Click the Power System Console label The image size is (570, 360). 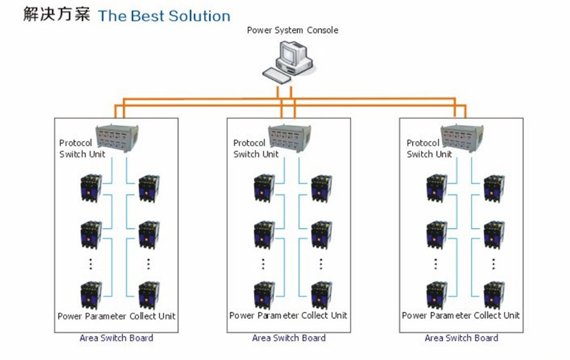click(293, 30)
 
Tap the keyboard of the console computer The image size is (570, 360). click(280, 73)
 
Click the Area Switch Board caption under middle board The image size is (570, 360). click(288, 338)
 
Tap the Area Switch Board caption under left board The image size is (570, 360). click(116, 338)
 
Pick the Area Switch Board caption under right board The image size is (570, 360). click(461, 338)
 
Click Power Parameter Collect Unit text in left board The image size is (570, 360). click(116, 316)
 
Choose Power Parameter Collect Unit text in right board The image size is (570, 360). click(461, 316)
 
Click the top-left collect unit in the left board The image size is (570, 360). click(91, 187)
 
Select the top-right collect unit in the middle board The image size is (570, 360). click(321, 187)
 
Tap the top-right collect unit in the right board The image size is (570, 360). click(494, 187)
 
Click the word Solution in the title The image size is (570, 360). click(198, 15)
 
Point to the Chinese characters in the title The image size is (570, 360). click(56, 14)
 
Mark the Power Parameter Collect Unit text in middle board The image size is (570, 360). click(288, 316)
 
